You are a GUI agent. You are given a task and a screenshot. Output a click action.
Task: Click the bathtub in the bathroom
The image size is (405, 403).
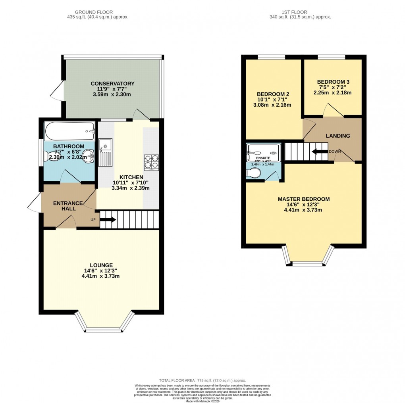(70, 129)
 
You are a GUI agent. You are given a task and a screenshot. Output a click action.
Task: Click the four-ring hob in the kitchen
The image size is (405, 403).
(151, 162)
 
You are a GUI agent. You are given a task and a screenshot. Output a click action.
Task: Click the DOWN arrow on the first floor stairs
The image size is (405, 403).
(319, 152)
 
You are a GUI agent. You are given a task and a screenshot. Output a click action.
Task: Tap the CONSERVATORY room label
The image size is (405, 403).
(112, 83)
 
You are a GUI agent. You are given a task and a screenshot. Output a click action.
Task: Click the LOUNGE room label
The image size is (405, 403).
(101, 265)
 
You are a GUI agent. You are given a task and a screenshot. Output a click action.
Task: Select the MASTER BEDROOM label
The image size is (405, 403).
(303, 199)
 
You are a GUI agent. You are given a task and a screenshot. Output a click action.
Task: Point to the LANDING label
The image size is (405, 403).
(338, 136)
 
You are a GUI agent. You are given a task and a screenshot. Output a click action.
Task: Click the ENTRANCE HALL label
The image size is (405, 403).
(68, 206)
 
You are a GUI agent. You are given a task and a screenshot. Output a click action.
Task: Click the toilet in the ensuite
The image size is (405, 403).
(253, 173)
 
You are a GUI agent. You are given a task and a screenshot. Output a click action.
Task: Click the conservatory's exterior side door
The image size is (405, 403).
(57, 91)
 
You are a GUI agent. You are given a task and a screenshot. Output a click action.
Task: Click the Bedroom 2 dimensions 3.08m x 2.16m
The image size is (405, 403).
(272, 105)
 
